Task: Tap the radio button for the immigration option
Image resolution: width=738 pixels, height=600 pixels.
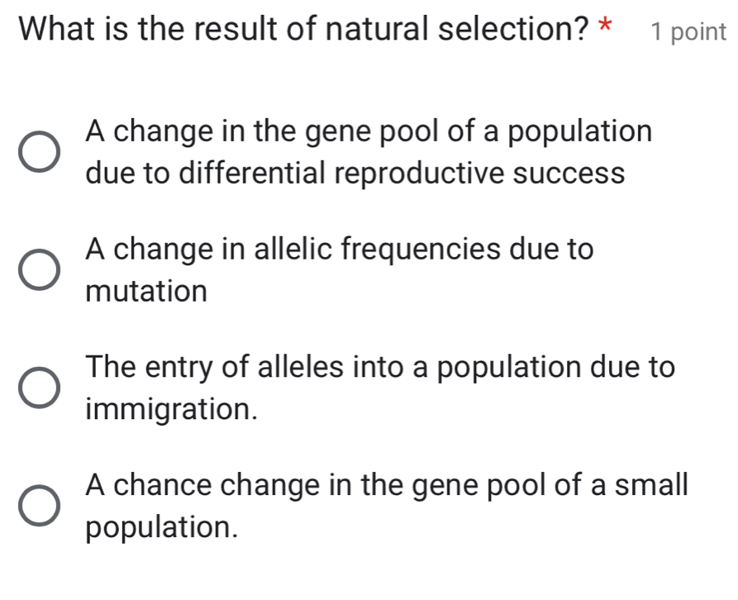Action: [39, 387]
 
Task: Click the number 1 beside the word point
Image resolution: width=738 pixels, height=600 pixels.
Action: [656, 31]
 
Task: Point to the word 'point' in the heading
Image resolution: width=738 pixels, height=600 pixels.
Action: [698, 32]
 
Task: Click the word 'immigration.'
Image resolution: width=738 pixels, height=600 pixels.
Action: [170, 408]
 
